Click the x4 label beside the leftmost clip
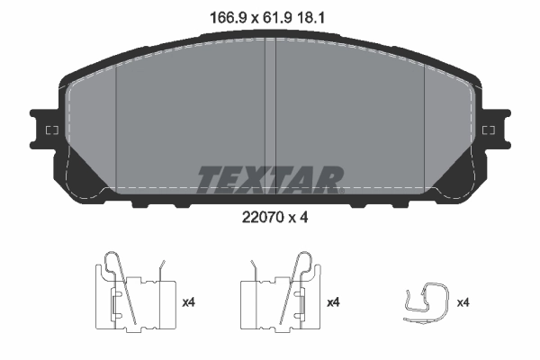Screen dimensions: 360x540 pos(189,302)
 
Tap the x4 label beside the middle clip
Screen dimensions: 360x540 pos(333,302)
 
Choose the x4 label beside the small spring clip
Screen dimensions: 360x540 pos(463,302)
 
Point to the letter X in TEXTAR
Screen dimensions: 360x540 pos(249,179)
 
